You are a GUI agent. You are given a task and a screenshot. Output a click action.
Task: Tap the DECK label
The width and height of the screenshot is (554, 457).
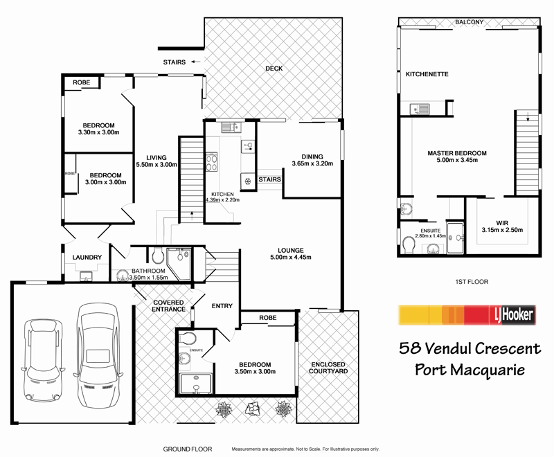[x=274, y=68]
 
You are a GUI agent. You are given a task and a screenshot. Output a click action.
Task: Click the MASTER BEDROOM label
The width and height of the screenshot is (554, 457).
[x=456, y=153]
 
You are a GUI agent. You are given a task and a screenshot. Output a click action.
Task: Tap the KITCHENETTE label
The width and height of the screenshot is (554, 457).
[x=427, y=73]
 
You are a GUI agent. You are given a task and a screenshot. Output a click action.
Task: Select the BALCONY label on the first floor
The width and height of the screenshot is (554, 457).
[x=469, y=22]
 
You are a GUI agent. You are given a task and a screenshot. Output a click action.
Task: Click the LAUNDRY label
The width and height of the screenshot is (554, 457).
[x=87, y=258]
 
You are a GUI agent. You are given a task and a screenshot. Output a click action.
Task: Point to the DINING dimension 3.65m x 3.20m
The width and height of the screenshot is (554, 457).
[x=312, y=164]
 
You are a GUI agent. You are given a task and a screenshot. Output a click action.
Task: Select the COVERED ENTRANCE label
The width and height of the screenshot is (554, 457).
[x=169, y=305]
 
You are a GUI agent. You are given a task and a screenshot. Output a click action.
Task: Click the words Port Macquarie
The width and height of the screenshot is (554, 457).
[x=469, y=369]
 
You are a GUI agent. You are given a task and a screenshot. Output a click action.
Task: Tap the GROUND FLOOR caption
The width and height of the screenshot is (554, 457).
[x=188, y=449]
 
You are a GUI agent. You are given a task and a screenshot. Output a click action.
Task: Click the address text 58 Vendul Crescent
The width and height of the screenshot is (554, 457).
[x=469, y=347]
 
